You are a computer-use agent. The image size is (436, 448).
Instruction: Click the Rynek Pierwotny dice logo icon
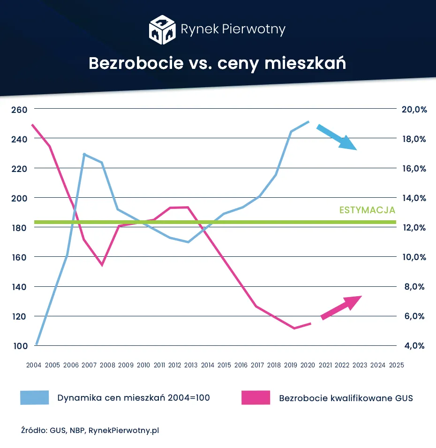pyautogui.click(x=162, y=30)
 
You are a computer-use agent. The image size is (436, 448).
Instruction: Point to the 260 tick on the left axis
pyautogui.click(x=19, y=109)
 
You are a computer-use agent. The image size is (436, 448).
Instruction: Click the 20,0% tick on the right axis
pyautogui.click(x=414, y=109)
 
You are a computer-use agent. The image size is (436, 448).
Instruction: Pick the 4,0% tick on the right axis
pyautogui.click(x=414, y=346)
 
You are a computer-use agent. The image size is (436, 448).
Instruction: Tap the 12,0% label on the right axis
pyautogui.click(x=414, y=227)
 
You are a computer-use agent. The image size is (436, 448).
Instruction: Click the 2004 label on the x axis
pyautogui.click(x=34, y=365)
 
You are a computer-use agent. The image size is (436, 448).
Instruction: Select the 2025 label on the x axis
pyautogui.click(x=397, y=365)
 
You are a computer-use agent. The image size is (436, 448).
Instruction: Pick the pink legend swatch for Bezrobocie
pyautogui.click(x=256, y=398)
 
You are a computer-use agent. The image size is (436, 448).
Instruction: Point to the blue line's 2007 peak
pyautogui.click(x=84, y=154)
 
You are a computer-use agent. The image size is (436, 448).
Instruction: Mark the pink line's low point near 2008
pyautogui.click(x=102, y=265)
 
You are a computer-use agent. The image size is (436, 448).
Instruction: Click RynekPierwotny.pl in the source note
pyautogui.click(x=124, y=430)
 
